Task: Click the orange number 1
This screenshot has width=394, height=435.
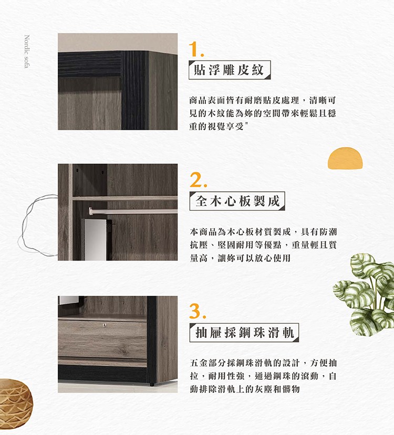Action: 196,49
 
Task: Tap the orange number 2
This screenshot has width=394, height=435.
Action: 198,180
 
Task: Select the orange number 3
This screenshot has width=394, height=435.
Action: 198,311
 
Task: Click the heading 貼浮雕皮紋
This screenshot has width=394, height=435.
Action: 229,70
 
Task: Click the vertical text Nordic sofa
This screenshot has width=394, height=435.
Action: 27,51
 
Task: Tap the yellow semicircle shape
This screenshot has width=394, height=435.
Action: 345,158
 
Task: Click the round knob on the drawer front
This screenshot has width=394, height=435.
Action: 105,325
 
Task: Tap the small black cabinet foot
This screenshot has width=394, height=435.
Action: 151,385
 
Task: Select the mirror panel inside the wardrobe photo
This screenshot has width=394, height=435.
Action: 95,240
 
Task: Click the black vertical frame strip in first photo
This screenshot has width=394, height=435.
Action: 135,90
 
